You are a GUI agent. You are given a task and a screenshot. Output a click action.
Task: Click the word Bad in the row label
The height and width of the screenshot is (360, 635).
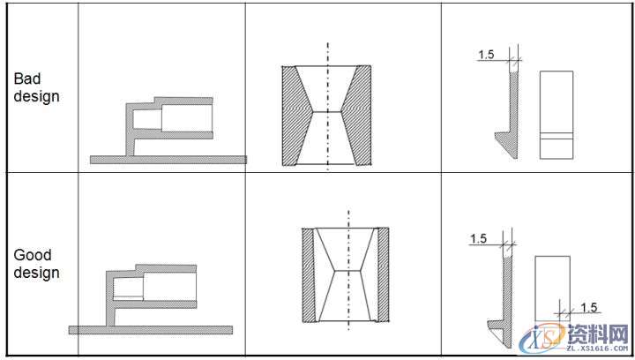27,79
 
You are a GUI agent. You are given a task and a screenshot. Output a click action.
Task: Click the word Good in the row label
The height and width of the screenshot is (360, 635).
33,255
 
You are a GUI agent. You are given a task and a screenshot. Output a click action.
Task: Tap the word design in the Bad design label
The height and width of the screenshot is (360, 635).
36,97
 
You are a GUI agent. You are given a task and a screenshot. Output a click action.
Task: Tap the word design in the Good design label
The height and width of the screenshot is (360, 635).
36,273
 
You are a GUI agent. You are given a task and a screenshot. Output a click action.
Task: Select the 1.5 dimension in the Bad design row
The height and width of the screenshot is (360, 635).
486,54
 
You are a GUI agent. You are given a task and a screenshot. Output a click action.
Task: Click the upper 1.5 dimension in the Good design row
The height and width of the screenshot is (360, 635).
478,238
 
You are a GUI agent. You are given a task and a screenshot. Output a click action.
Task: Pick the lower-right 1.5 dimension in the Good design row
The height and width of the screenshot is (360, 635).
589,307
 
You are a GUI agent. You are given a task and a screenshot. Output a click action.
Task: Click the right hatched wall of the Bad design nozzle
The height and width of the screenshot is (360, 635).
357,116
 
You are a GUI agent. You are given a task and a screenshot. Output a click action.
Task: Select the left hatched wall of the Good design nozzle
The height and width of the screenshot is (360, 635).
308,275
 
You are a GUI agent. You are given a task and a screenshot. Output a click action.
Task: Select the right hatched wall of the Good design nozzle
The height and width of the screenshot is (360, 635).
383,275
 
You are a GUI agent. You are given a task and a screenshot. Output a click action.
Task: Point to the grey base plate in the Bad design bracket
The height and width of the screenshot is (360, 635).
168,160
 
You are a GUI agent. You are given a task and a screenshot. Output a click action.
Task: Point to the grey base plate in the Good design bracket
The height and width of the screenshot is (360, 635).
151,330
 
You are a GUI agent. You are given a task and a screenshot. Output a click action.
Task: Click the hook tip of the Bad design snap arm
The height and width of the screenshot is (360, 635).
496,133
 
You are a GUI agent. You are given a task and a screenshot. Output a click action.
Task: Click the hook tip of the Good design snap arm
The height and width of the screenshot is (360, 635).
489,323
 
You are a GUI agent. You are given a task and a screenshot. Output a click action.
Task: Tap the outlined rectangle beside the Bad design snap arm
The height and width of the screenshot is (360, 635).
557,115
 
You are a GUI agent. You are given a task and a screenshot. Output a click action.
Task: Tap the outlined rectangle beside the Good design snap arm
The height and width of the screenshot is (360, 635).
552,289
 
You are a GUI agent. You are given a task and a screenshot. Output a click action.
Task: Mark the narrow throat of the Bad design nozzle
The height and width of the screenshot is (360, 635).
326,111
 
